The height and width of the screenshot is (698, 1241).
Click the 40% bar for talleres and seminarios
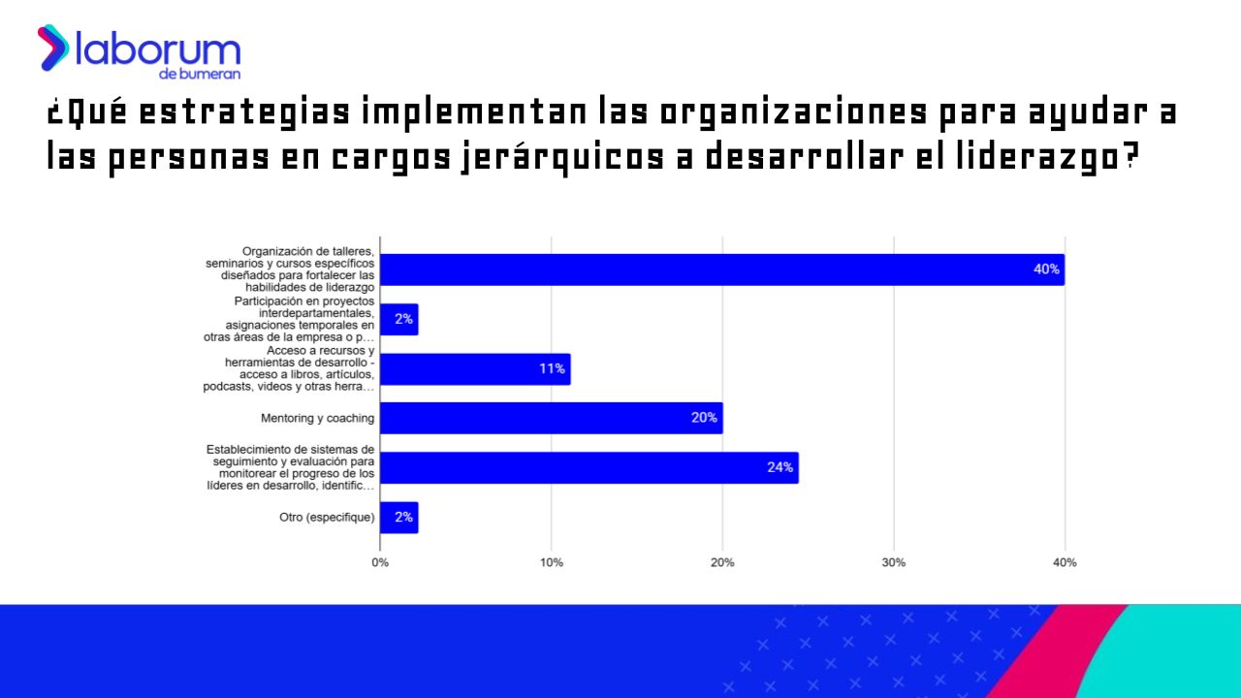tap(721, 270)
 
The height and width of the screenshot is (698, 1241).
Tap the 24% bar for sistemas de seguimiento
tap(589, 467)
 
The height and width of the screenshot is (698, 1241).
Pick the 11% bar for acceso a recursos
tap(475, 369)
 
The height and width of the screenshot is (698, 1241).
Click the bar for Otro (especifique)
tap(399, 518)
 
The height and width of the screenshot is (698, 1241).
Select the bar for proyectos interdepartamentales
tap(399, 319)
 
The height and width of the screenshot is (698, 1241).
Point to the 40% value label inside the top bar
tap(1046, 270)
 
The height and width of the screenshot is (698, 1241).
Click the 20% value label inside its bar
tap(704, 418)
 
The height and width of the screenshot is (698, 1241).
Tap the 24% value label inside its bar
tap(780, 467)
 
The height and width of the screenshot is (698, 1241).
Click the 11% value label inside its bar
tap(552, 369)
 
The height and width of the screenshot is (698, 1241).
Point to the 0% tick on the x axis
tap(380, 562)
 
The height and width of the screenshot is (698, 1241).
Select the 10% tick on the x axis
tap(551, 562)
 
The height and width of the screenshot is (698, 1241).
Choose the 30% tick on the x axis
tap(893, 562)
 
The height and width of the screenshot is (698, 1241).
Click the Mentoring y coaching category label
tap(317, 419)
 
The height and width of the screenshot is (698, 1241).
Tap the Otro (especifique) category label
tap(327, 518)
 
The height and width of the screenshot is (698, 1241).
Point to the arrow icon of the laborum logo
tap(52, 48)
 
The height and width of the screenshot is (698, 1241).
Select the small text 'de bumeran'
tap(200, 74)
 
